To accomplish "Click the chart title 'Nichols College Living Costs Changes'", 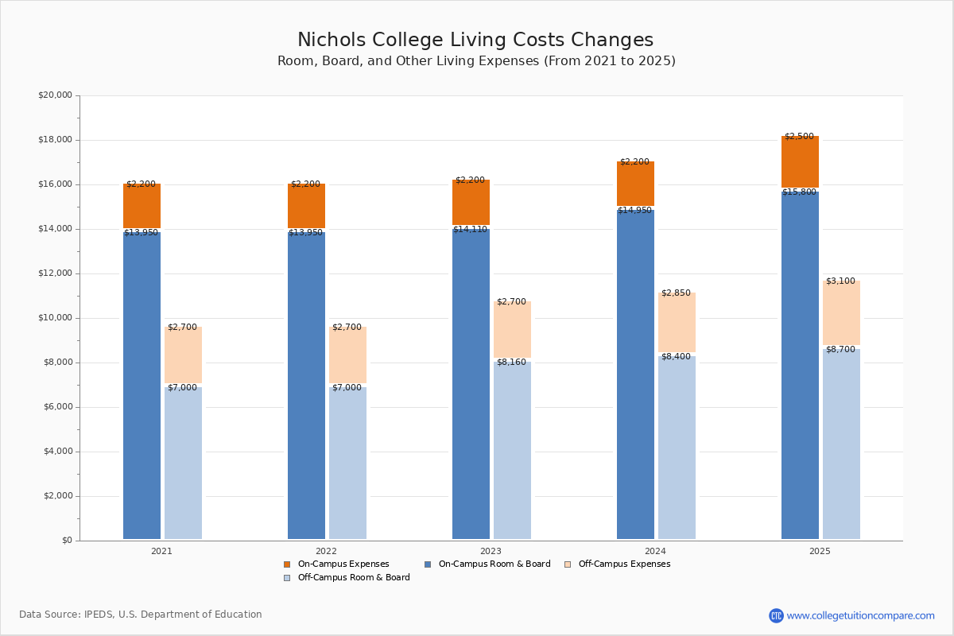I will point(475,41).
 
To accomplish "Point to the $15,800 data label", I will point(799,192).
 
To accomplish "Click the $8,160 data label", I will point(511,363).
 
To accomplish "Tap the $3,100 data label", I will point(840,281).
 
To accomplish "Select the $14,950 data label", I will point(634,211).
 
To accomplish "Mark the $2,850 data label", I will point(676,293).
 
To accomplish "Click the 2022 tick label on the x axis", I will point(326,551).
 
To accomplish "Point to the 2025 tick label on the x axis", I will point(820,551).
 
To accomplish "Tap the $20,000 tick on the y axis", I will point(55,95).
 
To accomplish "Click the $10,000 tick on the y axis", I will point(55,318).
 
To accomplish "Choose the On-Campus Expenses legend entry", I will point(343,564).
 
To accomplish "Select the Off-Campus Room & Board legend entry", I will point(353,578).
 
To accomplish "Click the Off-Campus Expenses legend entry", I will point(623,564).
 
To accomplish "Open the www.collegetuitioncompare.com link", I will point(860,615).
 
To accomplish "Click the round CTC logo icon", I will point(776,615).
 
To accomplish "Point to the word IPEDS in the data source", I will point(99,615).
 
